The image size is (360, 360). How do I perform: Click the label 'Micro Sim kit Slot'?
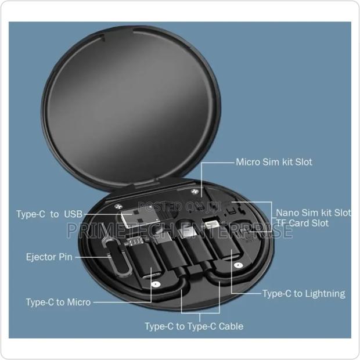click(x=273, y=162)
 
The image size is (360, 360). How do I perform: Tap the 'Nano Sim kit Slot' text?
click(x=313, y=213)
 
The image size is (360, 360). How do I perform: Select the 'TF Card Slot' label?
click(x=301, y=223)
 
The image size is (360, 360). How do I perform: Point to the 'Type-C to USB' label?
click(x=49, y=214)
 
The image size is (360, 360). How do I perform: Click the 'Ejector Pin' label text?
click(x=49, y=257)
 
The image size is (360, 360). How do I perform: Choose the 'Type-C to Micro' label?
click(x=58, y=302)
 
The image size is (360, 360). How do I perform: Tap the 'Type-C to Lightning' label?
click(x=303, y=293)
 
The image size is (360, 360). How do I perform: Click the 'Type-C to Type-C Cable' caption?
click(x=194, y=326)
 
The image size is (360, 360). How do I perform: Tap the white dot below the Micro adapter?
click(x=155, y=285)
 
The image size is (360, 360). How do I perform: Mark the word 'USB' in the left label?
click(x=74, y=214)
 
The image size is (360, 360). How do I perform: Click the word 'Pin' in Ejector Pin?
click(x=65, y=257)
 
